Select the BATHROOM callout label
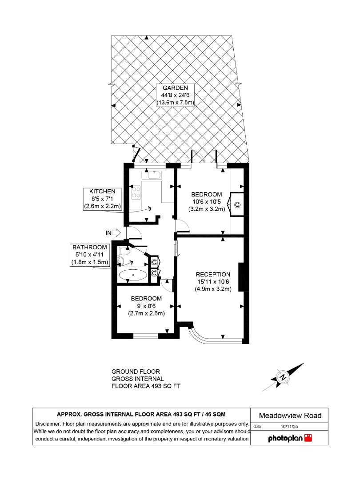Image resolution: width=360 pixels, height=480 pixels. [90, 247]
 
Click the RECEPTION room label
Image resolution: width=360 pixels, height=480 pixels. [213, 274]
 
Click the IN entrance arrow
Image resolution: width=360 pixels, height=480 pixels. [113, 232]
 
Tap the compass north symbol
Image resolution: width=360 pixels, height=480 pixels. [283, 378]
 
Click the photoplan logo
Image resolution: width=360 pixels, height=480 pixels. [290, 438]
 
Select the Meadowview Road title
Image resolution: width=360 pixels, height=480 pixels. [290, 416]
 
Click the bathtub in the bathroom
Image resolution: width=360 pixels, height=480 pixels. [132, 275]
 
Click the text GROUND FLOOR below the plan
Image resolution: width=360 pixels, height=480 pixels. [135, 372]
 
